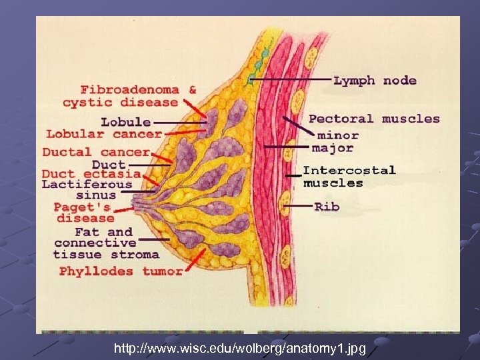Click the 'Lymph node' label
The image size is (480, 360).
(375, 81)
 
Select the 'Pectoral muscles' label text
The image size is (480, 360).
(374, 119)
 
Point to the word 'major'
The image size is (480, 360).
(333, 147)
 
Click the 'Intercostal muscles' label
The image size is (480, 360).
(349, 177)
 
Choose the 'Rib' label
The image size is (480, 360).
(327, 207)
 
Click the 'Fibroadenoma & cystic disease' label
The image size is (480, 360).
(130, 96)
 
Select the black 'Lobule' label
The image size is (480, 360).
(125, 122)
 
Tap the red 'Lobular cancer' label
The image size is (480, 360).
(104, 134)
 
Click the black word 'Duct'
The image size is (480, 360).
(109, 164)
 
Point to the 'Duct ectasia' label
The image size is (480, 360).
(91, 174)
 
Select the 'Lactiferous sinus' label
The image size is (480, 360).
(87, 189)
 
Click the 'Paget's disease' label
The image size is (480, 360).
(85, 213)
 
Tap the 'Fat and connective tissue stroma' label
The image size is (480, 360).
(106, 243)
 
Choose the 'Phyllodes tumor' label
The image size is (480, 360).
(121, 271)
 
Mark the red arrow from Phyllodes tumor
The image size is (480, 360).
(195, 261)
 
